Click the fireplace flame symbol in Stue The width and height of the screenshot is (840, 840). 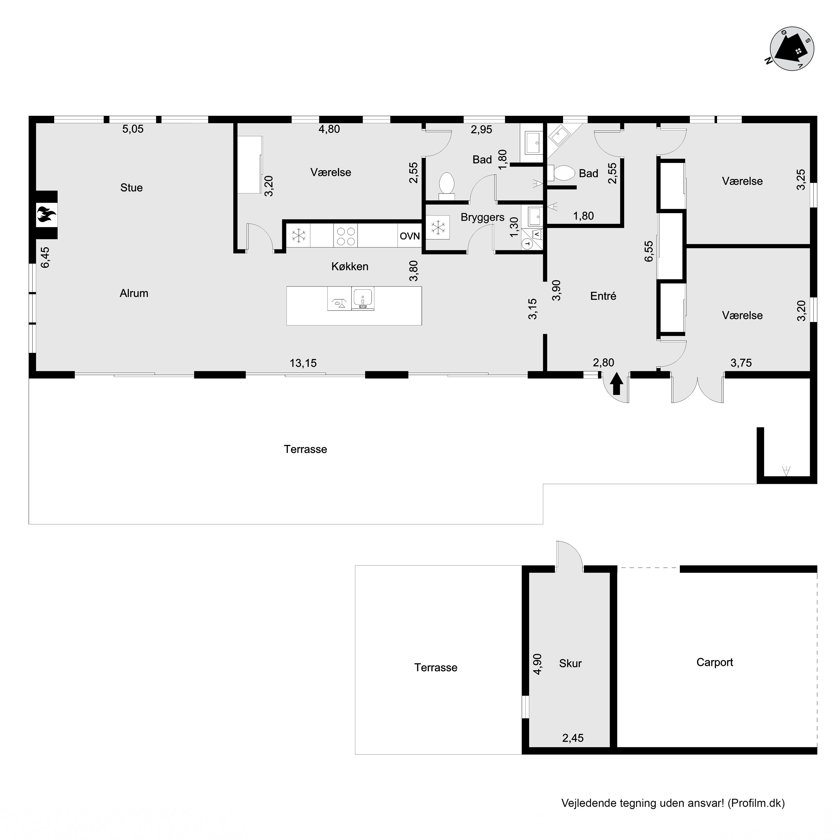46,215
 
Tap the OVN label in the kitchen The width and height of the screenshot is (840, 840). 410,236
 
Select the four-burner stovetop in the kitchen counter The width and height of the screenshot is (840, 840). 346,236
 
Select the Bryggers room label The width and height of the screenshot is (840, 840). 482,217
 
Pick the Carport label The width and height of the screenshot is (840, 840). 714,662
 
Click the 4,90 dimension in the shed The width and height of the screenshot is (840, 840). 537,664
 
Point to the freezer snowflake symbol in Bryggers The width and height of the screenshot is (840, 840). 437,227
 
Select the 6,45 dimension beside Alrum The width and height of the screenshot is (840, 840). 45,257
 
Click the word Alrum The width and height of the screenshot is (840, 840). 134,293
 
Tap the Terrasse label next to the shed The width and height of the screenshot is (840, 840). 436,668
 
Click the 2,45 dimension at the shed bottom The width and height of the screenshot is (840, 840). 573,738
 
